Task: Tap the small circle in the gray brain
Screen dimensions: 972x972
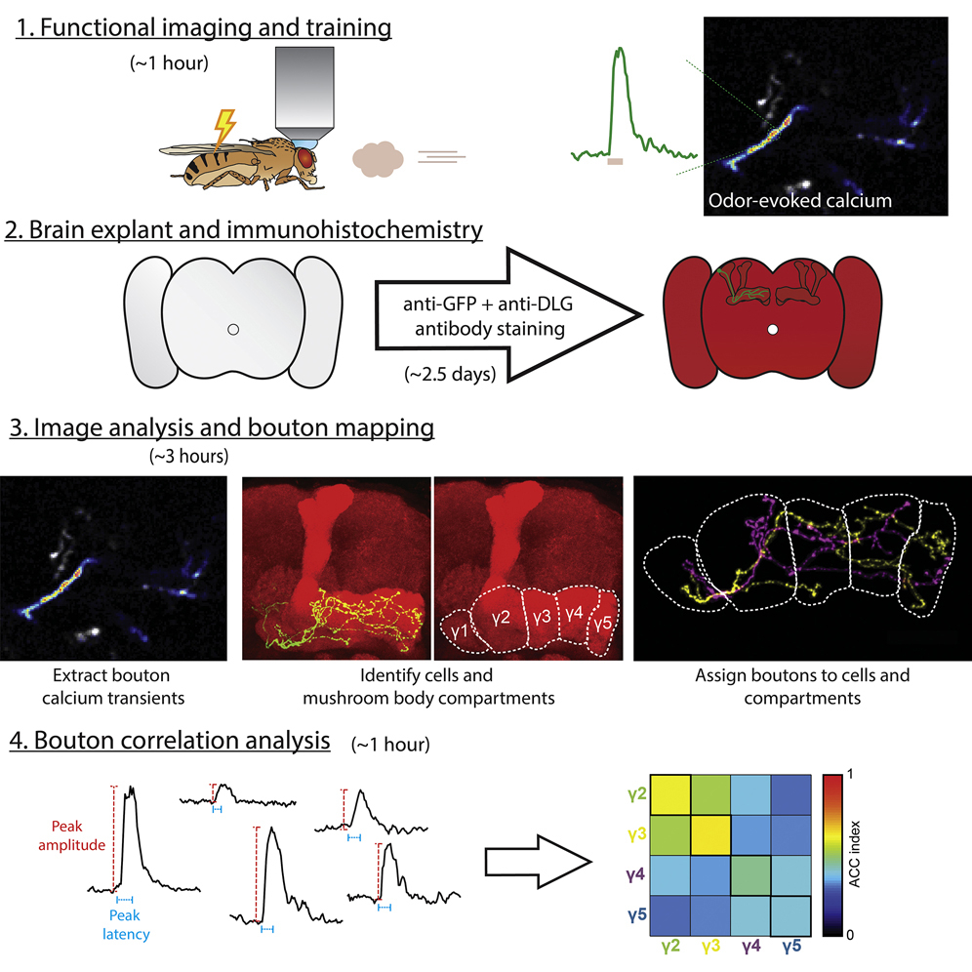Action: click(233, 331)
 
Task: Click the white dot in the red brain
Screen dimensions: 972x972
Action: click(772, 331)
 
